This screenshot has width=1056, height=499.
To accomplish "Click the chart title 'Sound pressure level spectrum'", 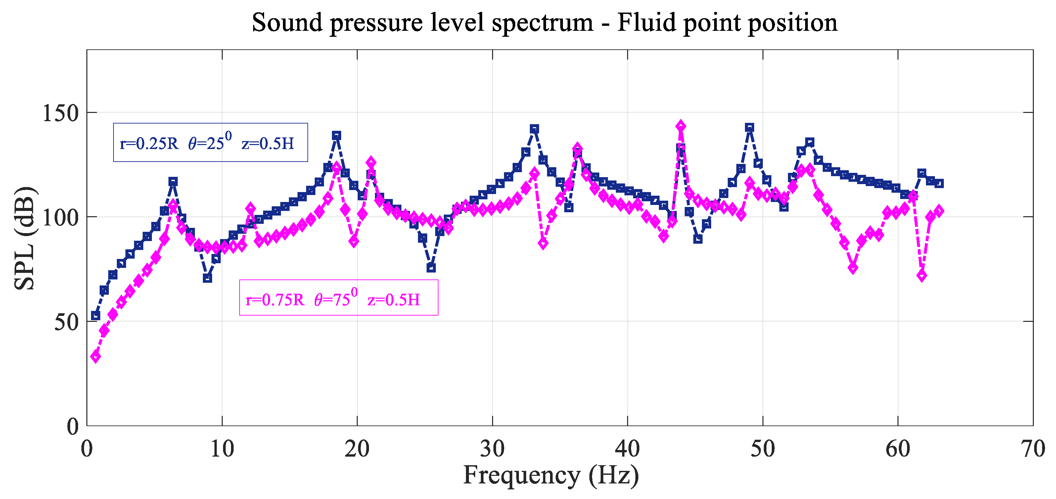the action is click(x=422, y=23).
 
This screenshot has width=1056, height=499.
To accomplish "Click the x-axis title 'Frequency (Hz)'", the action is click(x=551, y=475).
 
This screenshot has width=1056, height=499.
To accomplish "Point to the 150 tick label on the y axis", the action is click(x=60, y=113).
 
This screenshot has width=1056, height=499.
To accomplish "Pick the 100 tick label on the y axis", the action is click(x=60, y=217).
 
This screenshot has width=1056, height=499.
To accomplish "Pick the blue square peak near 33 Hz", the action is click(x=534, y=129).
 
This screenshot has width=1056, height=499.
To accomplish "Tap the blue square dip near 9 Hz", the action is click(x=207, y=278).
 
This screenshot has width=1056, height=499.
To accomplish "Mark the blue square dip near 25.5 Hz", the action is click(x=431, y=268).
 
